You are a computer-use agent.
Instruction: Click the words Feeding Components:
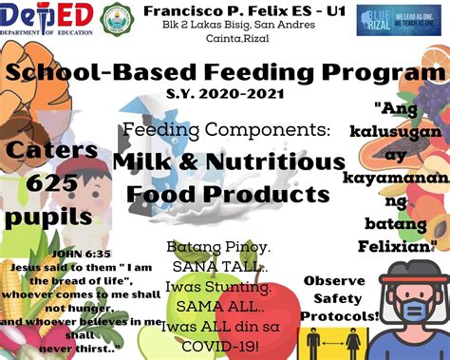[x=225, y=129]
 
